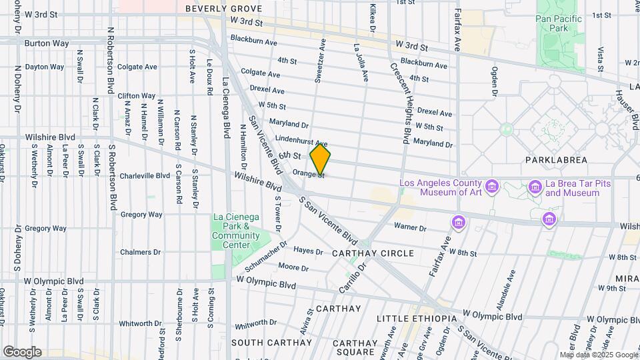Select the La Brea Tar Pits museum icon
click(x=535, y=187)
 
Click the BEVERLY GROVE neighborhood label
click(x=223, y=9)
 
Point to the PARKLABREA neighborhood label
click(x=556, y=160)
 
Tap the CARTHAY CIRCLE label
click(x=373, y=253)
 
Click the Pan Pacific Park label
click(x=559, y=24)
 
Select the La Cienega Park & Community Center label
click(x=237, y=231)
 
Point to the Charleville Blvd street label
click(x=145, y=176)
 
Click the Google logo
click(x=22, y=352)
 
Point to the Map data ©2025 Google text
click(x=598, y=355)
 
